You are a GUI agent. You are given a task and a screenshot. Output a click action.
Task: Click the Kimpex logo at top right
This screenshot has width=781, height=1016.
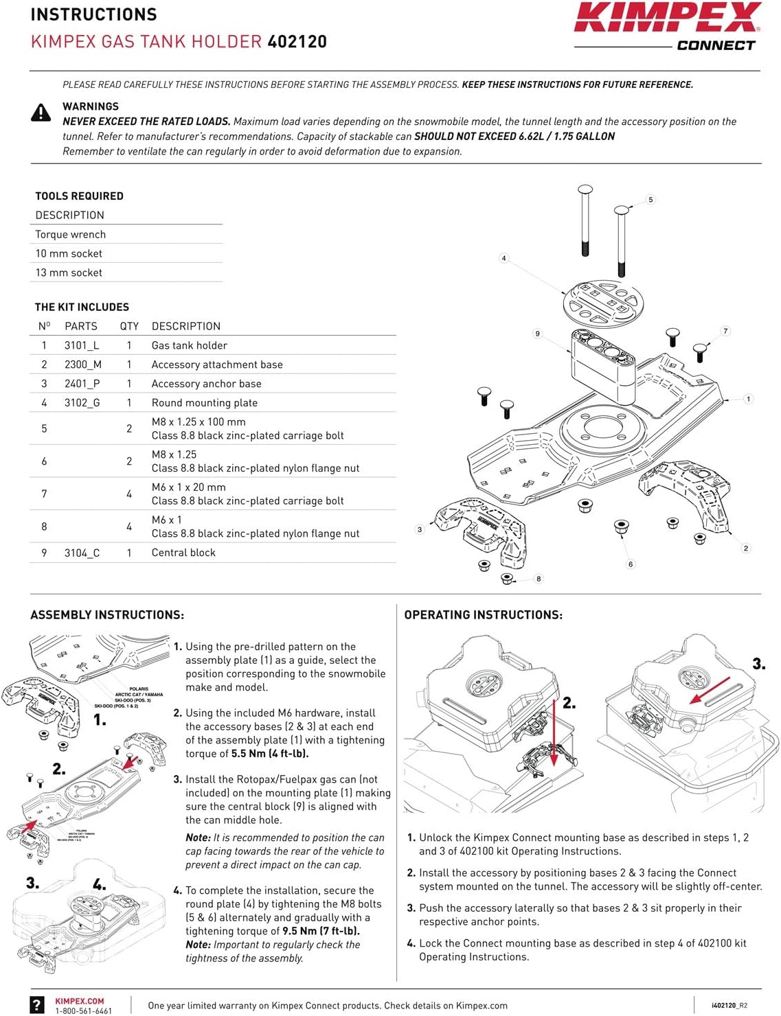[x=666, y=19]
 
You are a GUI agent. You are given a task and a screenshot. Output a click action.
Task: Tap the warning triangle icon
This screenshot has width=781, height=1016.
[x=41, y=113]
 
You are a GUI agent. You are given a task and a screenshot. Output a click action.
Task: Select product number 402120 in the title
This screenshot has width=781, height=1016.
[x=297, y=42]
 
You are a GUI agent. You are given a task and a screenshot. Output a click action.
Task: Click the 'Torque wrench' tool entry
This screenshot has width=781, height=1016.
[x=71, y=234]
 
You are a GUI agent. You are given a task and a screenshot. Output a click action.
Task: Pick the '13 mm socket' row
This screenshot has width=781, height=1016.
[x=69, y=273]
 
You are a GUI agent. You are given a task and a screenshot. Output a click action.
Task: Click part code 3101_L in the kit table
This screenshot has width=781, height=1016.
[x=82, y=345]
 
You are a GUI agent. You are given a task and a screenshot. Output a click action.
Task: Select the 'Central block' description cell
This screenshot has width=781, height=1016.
[x=183, y=553]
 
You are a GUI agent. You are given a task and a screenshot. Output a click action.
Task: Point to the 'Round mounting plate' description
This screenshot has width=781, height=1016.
[x=204, y=403]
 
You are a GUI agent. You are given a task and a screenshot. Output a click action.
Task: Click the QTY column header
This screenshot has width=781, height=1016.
[x=129, y=326]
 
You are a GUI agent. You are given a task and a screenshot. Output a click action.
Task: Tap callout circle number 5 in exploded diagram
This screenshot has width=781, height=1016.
[x=650, y=200]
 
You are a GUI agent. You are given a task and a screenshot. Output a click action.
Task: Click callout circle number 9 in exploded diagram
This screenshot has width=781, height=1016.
[x=538, y=334]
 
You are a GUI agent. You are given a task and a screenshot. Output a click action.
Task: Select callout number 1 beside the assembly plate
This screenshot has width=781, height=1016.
[x=748, y=398]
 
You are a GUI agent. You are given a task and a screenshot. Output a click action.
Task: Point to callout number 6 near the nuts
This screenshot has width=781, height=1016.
[x=631, y=564]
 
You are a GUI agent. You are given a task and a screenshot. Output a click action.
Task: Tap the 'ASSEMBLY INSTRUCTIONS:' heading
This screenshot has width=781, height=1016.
[x=107, y=615]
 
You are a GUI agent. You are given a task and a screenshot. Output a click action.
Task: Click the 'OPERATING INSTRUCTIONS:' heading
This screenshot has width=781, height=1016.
[x=483, y=615]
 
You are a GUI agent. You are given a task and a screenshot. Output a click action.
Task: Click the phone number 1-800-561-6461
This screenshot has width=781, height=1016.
[x=83, y=1011]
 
